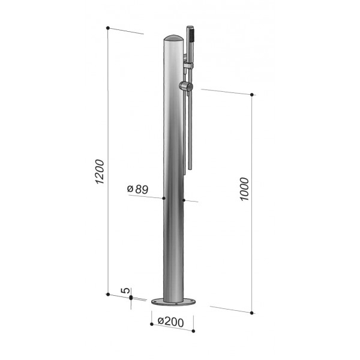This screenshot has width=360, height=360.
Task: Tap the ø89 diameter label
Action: (138, 189)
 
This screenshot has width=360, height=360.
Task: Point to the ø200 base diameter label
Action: (171, 322)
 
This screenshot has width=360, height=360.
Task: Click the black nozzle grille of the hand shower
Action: (191, 34)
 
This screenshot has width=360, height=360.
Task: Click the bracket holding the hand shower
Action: (188, 64)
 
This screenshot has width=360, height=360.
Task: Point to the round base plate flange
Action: (174, 302)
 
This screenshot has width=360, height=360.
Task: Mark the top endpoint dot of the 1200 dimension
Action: (107, 28)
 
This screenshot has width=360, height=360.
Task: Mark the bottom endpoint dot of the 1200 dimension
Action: (107, 294)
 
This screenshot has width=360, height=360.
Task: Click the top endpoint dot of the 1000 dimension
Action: (252, 95)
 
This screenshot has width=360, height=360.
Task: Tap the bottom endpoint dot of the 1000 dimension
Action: (252, 313)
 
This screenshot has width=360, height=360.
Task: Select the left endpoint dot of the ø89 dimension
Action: (164, 198)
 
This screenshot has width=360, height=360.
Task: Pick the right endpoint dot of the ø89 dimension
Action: (182, 200)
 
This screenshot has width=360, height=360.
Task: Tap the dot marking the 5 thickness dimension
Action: (131, 297)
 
